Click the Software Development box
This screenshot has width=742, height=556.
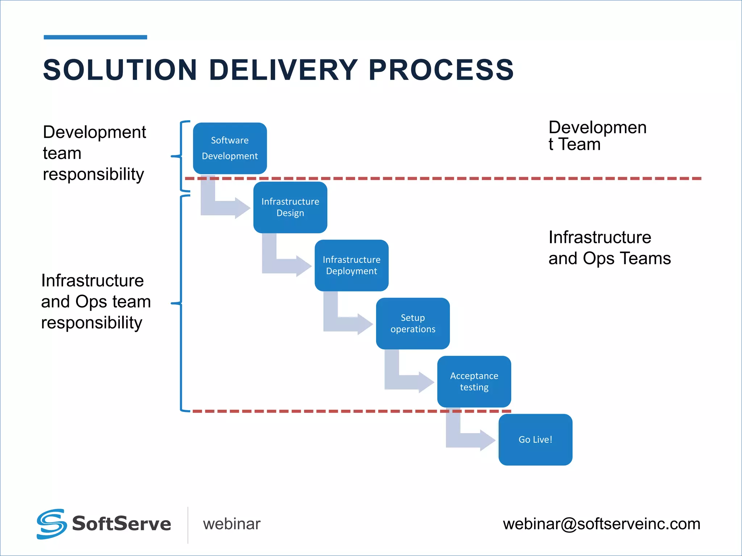[230, 148]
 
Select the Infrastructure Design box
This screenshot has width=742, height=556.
[290, 207]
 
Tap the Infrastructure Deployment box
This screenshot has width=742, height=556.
[351, 265]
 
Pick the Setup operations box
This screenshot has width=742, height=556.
[413, 323]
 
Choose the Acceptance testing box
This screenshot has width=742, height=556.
[474, 382]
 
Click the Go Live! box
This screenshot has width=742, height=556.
[535, 439]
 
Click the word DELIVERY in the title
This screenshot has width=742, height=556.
[284, 69]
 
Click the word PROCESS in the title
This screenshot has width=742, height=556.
[441, 69]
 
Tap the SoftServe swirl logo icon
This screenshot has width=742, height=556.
[51, 524]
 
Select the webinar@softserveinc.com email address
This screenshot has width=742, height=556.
[601, 524]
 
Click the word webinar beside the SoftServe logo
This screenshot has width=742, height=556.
[232, 524]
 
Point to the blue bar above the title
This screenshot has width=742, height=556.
[95, 37]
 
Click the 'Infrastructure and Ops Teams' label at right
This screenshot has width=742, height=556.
[609, 248]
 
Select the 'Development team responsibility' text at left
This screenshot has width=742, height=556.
[94, 153]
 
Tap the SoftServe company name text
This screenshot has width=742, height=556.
[121, 524]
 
